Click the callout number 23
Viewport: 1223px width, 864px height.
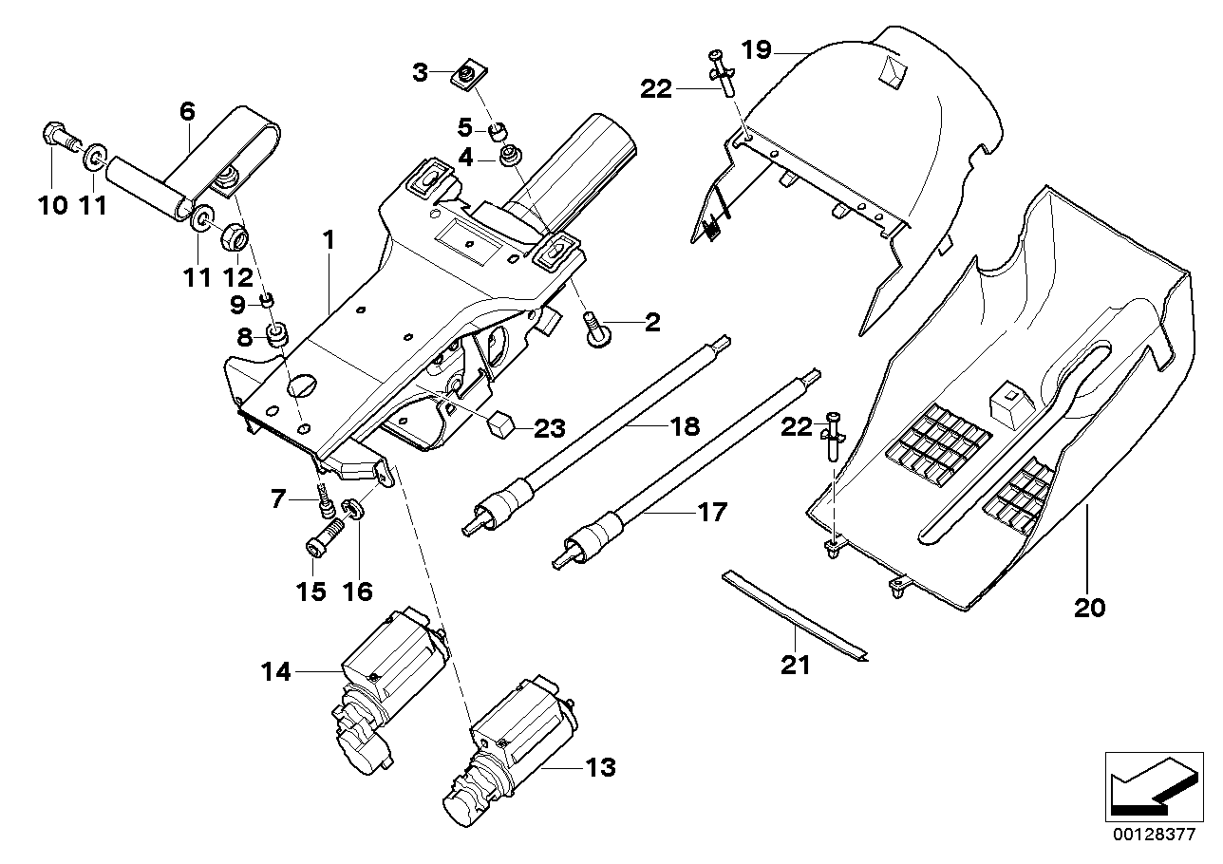550,428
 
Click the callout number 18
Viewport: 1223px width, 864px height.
685,426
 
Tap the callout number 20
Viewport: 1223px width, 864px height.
1090,607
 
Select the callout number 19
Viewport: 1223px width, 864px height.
757,49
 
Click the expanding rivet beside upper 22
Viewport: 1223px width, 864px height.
724,76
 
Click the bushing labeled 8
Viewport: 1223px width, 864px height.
278,335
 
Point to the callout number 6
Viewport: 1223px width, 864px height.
187,111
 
